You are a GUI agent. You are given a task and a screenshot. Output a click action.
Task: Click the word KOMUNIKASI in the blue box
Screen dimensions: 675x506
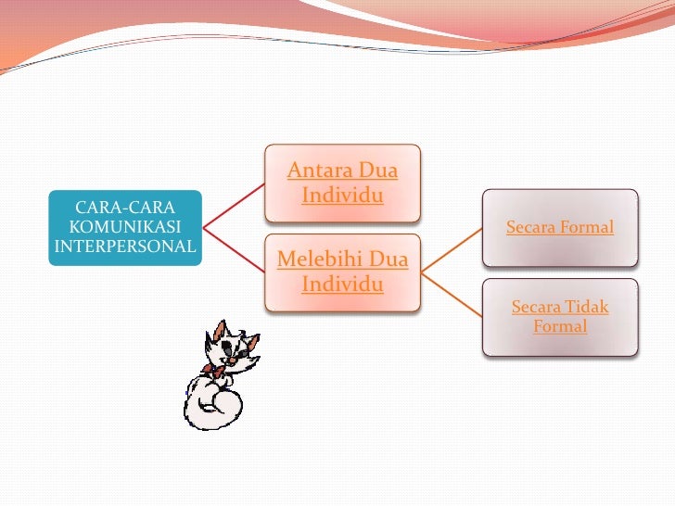(x=124, y=226)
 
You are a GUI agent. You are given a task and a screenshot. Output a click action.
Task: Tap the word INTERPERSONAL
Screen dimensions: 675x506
(x=126, y=246)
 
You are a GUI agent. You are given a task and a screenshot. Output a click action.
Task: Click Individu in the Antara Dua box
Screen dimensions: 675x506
(x=342, y=196)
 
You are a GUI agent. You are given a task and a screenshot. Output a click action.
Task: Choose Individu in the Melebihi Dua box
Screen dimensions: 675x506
(x=342, y=284)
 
